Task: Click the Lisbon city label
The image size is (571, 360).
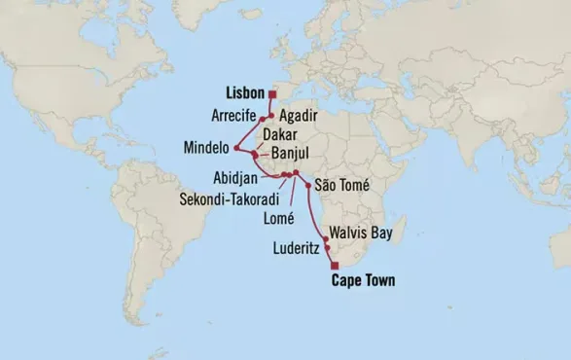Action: tap(243, 94)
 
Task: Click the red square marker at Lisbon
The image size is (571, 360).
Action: tap(272, 94)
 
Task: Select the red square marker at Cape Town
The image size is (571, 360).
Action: tap(334, 266)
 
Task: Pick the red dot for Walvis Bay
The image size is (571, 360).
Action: tap(325, 238)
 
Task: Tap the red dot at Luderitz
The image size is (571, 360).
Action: tap(328, 249)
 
